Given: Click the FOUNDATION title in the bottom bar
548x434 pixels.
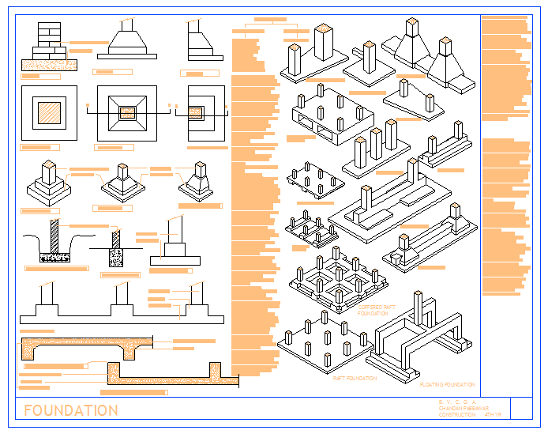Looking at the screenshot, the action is point(71,410).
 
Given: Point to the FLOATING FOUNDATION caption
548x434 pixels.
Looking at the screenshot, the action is point(447,383).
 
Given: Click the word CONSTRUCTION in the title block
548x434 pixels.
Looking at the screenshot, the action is point(456,413).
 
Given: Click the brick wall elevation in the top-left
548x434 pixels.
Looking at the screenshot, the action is point(49,38).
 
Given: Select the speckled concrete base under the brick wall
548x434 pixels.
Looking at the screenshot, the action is point(49,62).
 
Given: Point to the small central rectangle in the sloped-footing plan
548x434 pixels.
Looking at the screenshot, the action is point(126,113).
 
